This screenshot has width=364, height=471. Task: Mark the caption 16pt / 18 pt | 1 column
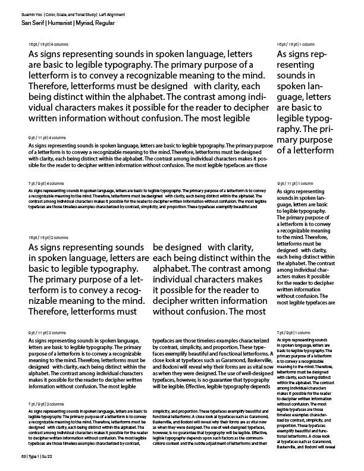tap(296, 45)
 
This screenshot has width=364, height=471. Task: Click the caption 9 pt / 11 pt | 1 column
tap(296, 184)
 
